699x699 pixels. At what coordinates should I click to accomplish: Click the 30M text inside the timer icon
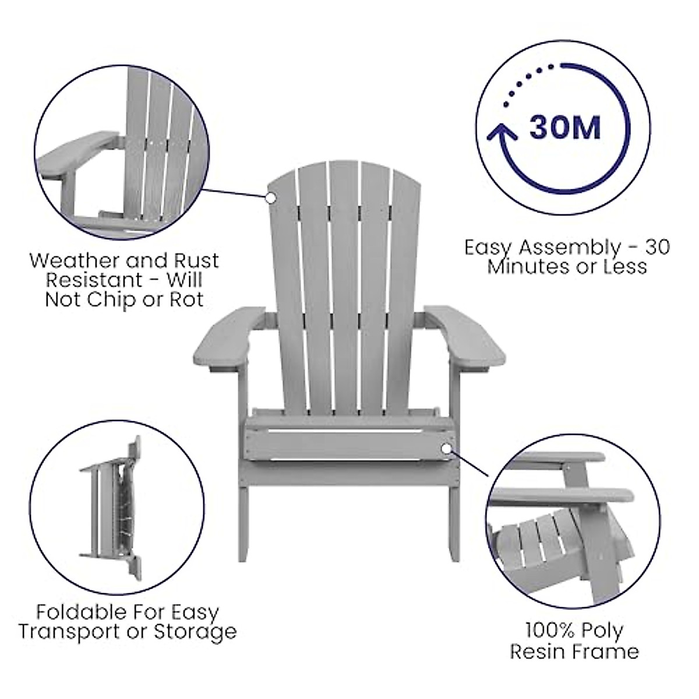[564, 128]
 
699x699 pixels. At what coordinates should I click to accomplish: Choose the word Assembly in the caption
[570, 247]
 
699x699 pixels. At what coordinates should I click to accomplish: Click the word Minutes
[525, 266]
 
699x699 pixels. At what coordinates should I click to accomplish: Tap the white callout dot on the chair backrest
[270, 197]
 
